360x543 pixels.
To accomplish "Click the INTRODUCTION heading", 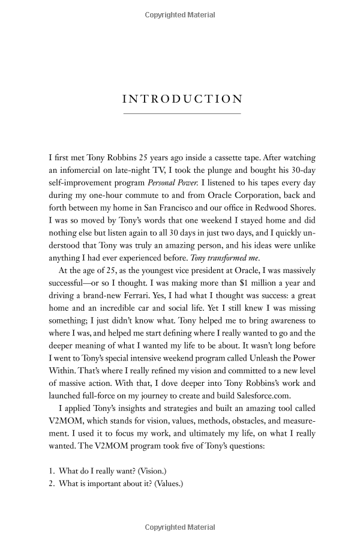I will tap(181, 100).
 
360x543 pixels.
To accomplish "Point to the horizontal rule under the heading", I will tap(181, 113).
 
